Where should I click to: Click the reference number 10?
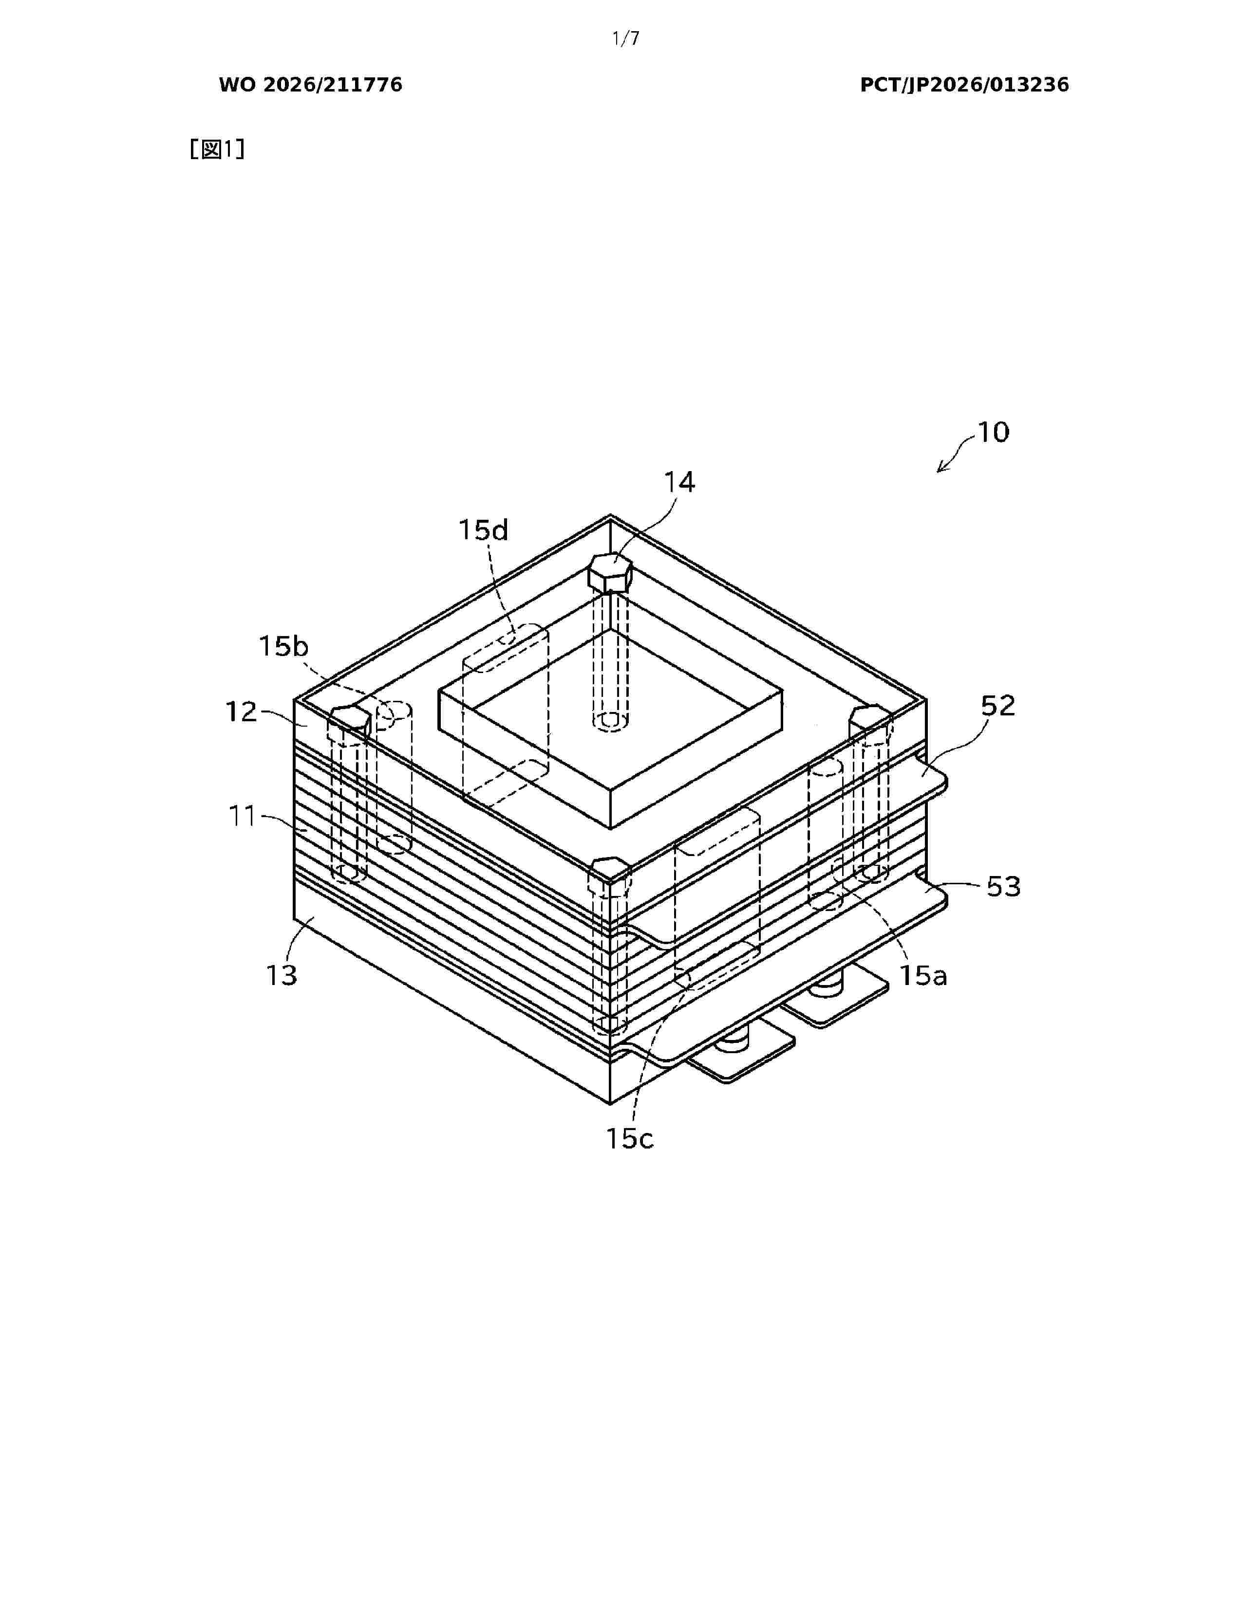pyautogui.click(x=993, y=432)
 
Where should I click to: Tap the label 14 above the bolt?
pyautogui.click(x=679, y=482)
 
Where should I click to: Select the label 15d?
pyautogui.click(x=484, y=529)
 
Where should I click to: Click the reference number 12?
pyautogui.click(x=241, y=712)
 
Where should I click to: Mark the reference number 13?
pyautogui.click(x=281, y=975)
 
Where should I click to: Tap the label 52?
pyautogui.click(x=997, y=706)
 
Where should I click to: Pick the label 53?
pyautogui.click(x=1004, y=887)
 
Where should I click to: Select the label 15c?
pyautogui.click(x=630, y=1139)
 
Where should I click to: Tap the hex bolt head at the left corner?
pyautogui.click(x=349, y=722)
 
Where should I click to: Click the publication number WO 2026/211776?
pyautogui.click(x=311, y=85)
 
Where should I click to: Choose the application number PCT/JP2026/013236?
pyautogui.click(x=964, y=85)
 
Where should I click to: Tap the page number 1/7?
pyautogui.click(x=625, y=39)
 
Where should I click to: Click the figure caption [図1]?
pyautogui.click(x=217, y=150)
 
